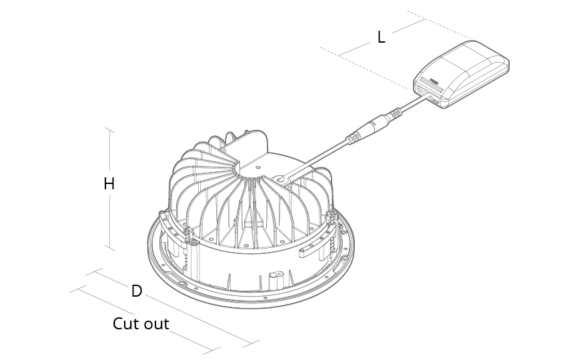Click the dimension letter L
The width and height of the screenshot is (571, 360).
(381, 37)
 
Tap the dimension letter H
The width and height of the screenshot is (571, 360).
(109, 184)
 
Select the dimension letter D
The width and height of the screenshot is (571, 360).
(137, 291)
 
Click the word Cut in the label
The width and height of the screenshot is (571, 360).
(125, 325)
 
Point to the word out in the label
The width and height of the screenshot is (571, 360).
(157, 325)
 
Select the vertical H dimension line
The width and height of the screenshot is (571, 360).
(109, 213)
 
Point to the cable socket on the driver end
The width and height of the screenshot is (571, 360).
(433, 99)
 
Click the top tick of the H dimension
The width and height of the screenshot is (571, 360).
(109, 129)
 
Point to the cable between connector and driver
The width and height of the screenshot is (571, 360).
(414, 105)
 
